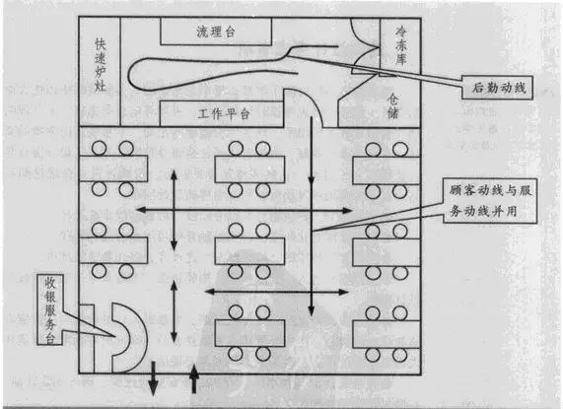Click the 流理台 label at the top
coord(217,32)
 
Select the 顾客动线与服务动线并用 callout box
coord(489,202)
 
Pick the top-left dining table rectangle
coord(111,167)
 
